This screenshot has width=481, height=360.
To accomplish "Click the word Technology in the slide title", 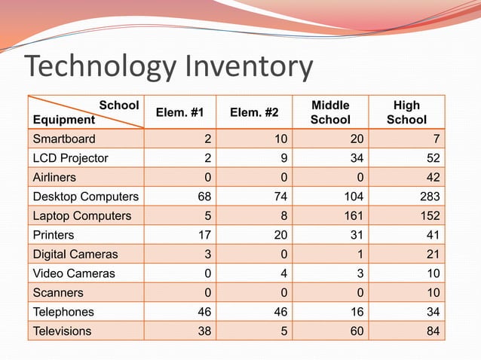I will pos(98,68).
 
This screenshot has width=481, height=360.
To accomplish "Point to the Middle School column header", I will pos(330,112).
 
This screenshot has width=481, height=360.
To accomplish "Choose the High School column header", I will pos(406,112).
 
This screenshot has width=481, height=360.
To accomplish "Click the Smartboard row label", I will pos(64,139).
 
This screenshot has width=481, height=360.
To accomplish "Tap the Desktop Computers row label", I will pos(85,197).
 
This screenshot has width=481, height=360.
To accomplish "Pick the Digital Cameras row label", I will pos(75,254).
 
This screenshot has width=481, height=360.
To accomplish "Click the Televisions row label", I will pos(62,331).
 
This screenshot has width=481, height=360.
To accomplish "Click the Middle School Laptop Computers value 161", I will pos(354,216).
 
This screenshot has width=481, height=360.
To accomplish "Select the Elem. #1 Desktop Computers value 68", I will pos(204,197).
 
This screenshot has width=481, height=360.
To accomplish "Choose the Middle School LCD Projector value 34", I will pos(357,158).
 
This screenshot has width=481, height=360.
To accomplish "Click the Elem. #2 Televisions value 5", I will pos(284,331).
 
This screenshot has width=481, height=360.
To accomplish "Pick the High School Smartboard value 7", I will pos(437,139).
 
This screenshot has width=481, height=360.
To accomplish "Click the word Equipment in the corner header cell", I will pos(64,119).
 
